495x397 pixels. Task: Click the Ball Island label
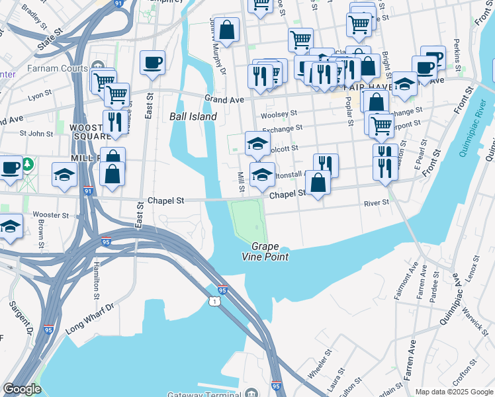pos(193,116)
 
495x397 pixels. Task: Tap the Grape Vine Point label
pos(269,251)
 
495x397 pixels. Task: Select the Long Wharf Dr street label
pos(90,319)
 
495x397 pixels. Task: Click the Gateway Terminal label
pos(204,395)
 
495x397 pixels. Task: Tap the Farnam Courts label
pos(58,68)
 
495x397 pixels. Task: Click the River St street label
pos(375,204)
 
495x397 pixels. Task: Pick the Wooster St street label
pos(51,215)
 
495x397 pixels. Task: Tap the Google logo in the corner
pos(22,389)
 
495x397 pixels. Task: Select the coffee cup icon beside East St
pos(152,63)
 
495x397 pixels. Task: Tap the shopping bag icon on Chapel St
pos(318,183)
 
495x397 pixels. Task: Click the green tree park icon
pos(28,163)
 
